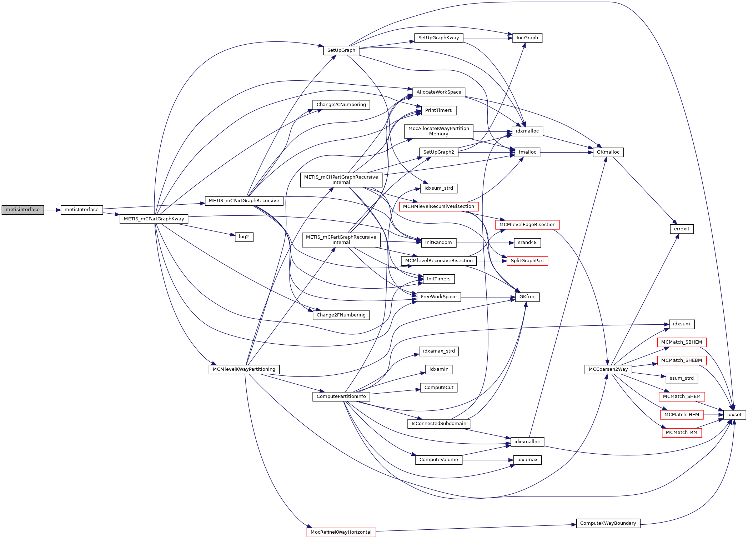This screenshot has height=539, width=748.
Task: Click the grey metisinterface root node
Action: pyautogui.click(x=22, y=210)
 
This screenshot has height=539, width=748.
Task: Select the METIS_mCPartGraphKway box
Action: pyautogui.click(x=154, y=219)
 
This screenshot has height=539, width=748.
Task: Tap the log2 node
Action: pyautogui.click(x=244, y=237)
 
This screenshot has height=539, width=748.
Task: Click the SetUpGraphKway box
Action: pyautogui.click(x=438, y=38)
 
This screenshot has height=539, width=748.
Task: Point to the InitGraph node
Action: pyautogui.click(x=527, y=38)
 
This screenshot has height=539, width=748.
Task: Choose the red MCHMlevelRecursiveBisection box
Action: pyautogui.click(x=438, y=206)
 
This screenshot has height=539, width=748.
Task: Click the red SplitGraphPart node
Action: pyautogui.click(x=527, y=261)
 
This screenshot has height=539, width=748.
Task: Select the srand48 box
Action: pyautogui.click(x=527, y=243)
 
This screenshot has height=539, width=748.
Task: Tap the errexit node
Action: pyautogui.click(x=682, y=229)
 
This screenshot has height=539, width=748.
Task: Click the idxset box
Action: pyautogui.click(x=734, y=415)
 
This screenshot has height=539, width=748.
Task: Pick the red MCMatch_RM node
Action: pyautogui.click(x=681, y=433)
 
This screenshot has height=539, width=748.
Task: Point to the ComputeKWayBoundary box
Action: pyautogui.click(x=608, y=523)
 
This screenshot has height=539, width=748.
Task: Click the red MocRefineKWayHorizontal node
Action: pyautogui.click(x=341, y=532)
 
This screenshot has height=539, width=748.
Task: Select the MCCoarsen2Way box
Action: pyautogui.click(x=608, y=369)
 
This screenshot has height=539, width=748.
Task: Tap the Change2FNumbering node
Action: pyautogui.click(x=341, y=315)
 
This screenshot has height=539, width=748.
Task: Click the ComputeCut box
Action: pyautogui.click(x=438, y=388)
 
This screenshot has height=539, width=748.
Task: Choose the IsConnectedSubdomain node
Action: pyautogui.click(x=438, y=424)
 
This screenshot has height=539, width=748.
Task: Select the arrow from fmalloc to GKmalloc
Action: pyautogui.click(x=566, y=153)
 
